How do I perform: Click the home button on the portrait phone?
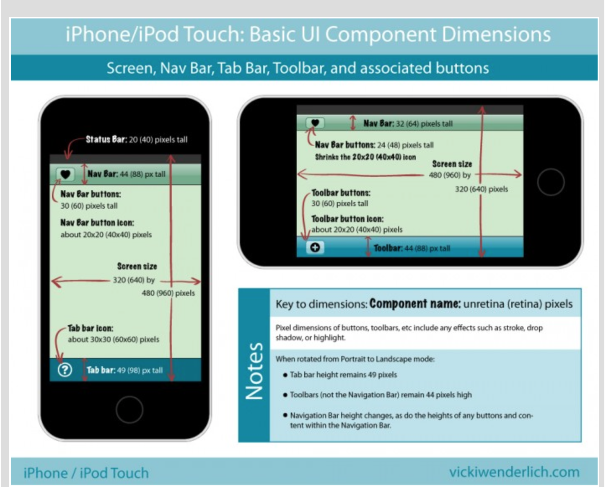pos(129,409)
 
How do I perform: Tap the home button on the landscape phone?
pos(551,182)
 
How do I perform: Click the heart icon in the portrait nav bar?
pos(65,174)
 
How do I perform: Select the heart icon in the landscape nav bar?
pos(315,123)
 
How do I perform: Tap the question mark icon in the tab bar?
pos(65,370)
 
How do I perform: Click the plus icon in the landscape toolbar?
pos(315,247)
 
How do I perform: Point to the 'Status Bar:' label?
pos(106,139)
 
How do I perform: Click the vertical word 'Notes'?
pos(254,371)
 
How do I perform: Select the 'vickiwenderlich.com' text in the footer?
pos(514,472)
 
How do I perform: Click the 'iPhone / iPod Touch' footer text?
pos(86,473)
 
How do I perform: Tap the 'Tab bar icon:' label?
pos(91,328)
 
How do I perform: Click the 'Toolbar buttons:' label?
pos(341,193)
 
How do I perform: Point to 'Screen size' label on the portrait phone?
pos(137,266)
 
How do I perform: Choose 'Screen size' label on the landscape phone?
pos(452,164)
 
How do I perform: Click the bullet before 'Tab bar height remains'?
pos(285,375)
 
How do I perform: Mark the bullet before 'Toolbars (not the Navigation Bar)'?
pos(285,395)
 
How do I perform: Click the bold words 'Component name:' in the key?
pos(415,304)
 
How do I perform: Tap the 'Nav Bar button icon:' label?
pos(97,223)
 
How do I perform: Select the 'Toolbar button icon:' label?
pos(347,219)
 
